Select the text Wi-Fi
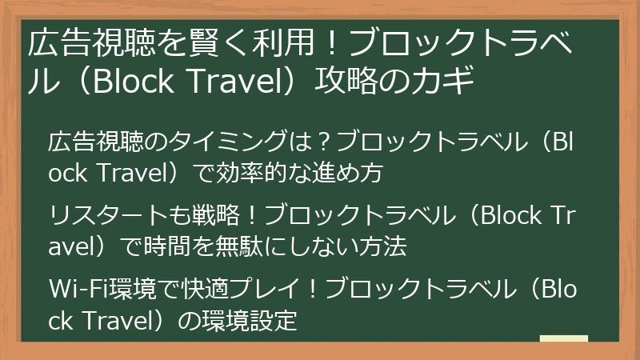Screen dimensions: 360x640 click(73, 289)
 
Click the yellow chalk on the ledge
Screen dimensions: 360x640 click(563, 339)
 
